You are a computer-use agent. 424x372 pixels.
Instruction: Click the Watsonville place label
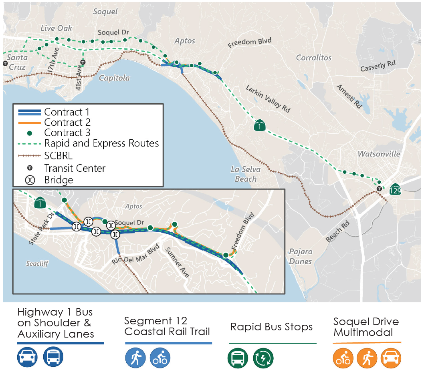(x=379, y=154)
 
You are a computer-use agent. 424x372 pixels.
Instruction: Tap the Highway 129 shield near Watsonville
(x=395, y=189)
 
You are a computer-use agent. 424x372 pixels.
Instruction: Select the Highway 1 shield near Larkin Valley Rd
(x=260, y=126)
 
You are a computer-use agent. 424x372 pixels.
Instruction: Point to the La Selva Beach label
(x=246, y=174)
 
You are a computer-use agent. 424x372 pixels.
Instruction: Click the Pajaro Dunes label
(x=301, y=256)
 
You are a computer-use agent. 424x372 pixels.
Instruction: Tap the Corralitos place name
(x=314, y=58)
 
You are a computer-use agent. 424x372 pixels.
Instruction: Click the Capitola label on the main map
(x=114, y=78)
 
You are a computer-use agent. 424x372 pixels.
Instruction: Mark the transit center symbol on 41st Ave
(x=83, y=62)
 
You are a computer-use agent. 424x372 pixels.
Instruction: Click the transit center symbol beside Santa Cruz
(x=5, y=63)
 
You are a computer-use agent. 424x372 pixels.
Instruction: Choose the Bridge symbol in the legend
(x=30, y=180)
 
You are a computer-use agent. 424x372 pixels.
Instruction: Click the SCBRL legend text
(x=59, y=156)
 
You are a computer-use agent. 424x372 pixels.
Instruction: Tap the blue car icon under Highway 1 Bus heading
(x=28, y=357)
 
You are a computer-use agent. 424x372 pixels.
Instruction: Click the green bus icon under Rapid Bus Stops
(x=238, y=358)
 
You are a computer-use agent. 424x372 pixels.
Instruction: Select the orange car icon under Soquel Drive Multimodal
(x=390, y=358)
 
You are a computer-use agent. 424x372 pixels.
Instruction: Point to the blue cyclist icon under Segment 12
(x=160, y=358)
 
